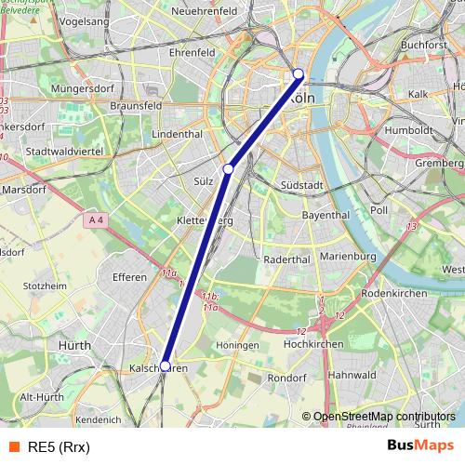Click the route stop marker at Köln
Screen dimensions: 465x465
point(299,74)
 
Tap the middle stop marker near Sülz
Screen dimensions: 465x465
point(228,169)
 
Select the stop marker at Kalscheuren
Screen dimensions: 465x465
point(166,366)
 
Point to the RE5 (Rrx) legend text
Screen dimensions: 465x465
point(57,446)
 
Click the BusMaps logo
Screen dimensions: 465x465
point(419,445)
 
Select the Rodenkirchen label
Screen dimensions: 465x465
point(393,293)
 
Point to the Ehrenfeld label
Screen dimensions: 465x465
point(192,53)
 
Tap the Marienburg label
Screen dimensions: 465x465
point(346,256)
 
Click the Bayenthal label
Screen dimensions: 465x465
point(325,215)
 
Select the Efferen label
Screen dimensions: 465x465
point(129,277)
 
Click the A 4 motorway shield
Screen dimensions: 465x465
point(96,219)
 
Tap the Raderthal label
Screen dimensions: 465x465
point(286,259)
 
